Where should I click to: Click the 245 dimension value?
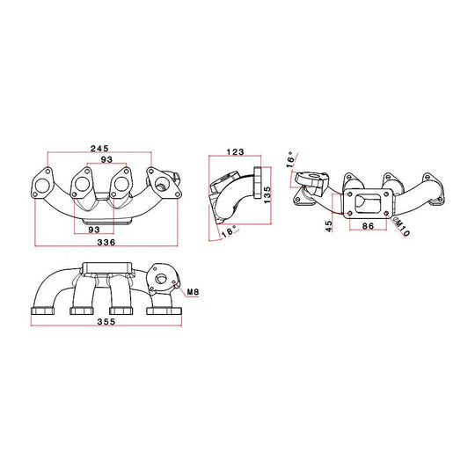[99, 148]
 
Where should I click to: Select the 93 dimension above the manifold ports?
[106, 159]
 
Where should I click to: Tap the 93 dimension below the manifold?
[94, 230]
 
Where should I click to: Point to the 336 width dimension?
[106, 242]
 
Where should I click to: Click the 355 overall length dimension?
[106, 321]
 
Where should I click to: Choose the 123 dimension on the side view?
[236, 151]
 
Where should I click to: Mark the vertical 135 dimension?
[267, 194]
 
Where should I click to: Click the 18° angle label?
[229, 231]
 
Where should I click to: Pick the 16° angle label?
[290, 159]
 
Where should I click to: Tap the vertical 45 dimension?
[329, 226]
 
